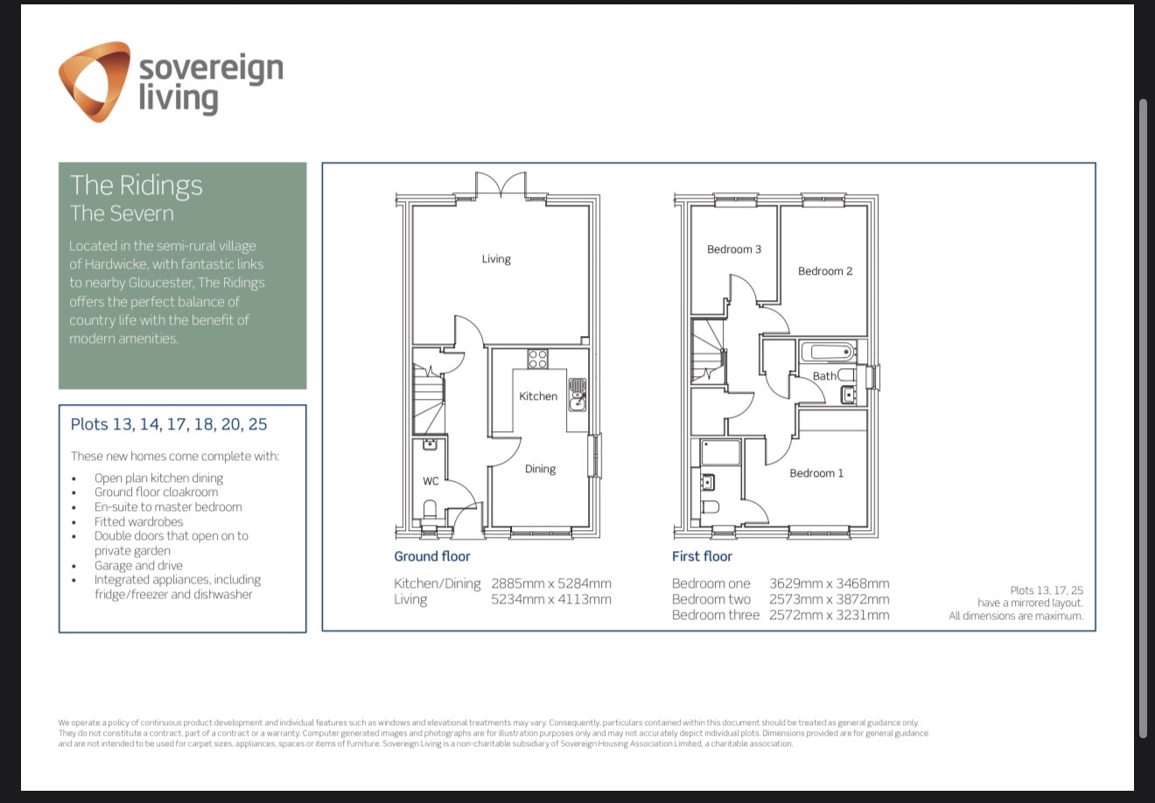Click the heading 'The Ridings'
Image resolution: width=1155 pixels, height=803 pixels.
pyautogui.click(x=136, y=185)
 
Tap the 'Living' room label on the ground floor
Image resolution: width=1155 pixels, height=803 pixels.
pyautogui.click(x=496, y=259)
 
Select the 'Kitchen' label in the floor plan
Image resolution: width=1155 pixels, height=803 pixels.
pyautogui.click(x=538, y=396)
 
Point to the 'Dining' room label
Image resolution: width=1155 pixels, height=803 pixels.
pyautogui.click(x=540, y=469)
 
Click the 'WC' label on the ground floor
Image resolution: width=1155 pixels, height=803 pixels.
pyautogui.click(x=430, y=481)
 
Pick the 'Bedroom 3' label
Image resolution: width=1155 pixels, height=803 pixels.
pyautogui.click(x=734, y=249)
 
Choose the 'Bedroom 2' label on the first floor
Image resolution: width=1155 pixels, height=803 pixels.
pyautogui.click(x=825, y=271)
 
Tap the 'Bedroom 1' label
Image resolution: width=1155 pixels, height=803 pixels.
pyautogui.click(x=816, y=473)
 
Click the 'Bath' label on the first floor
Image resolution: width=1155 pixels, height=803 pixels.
pyautogui.click(x=824, y=376)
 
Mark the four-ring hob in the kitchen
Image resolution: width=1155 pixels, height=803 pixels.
pyautogui.click(x=537, y=359)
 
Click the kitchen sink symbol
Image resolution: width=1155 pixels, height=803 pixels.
pyautogui.click(x=577, y=395)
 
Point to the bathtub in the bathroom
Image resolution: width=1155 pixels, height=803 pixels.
pyautogui.click(x=828, y=353)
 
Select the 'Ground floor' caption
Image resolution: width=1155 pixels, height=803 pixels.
pyautogui.click(x=432, y=556)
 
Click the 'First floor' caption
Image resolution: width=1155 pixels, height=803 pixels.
pyautogui.click(x=702, y=556)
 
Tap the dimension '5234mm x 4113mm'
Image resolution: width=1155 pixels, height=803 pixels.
pyautogui.click(x=551, y=599)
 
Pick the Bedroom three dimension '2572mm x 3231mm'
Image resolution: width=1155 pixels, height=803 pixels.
pyautogui.click(x=829, y=615)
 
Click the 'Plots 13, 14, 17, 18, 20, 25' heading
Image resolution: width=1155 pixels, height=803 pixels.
pyautogui.click(x=169, y=424)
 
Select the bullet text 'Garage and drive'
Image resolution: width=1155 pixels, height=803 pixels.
pyautogui.click(x=138, y=565)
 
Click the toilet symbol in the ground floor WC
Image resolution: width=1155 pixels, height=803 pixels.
pyautogui.click(x=429, y=510)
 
